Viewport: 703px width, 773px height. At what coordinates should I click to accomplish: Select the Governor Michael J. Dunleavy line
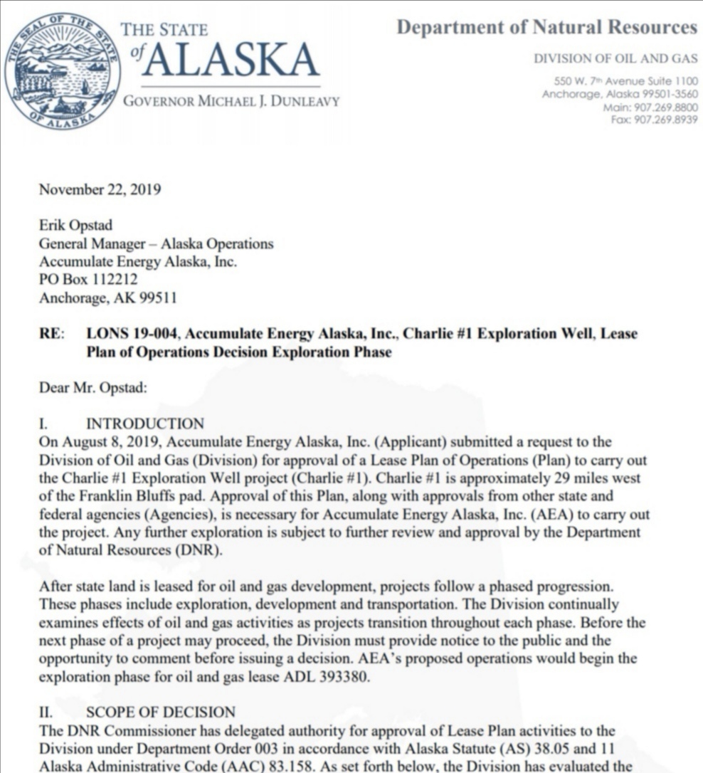pos(231,102)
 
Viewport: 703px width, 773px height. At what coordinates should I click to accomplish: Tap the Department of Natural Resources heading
pos(546,27)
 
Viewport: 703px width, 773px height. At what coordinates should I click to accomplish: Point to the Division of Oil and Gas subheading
pos(615,59)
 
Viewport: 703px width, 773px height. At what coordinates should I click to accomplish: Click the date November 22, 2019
pos(100,189)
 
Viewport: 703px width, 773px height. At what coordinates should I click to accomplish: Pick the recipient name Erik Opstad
pos(75,226)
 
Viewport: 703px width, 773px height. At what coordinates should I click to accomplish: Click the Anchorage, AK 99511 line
pos(107,298)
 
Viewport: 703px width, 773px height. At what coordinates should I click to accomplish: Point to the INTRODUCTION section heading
pos(145,424)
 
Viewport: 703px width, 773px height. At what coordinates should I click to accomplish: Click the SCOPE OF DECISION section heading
pos(161,712)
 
